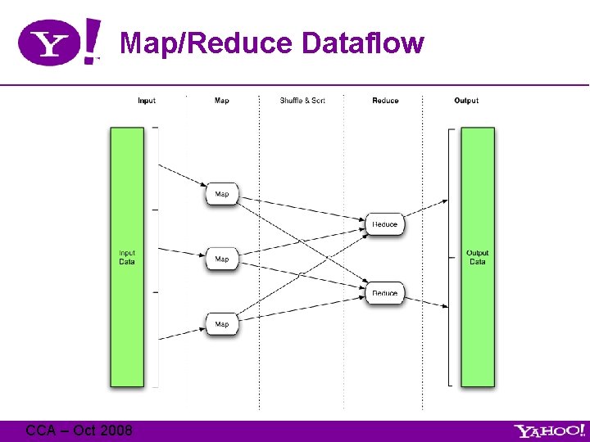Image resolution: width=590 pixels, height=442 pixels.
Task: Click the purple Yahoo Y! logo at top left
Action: (x=60, y=42)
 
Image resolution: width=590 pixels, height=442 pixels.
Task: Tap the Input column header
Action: (x=147, y=101)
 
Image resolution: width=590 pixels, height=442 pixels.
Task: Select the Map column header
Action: (x=221, y=101)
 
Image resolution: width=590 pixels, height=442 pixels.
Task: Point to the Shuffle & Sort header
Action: (x=302, y=101)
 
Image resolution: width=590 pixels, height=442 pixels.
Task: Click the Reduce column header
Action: (x=385, y=101)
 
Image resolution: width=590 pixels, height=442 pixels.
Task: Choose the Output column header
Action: (x=466, y=101)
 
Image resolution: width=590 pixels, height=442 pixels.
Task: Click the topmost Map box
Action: (x=222, y=194)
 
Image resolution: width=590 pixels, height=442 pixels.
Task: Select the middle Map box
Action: (x=222, y=259)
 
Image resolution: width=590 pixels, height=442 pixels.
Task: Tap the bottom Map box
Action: (x=222, y=324)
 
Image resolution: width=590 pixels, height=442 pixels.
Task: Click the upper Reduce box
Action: (x=384, y=223)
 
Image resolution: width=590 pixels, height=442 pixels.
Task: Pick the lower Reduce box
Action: (x=384, y=292)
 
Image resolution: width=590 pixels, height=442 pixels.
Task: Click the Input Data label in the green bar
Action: (x=127, y=257)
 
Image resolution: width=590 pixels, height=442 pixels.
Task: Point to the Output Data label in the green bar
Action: (x=477, y=257)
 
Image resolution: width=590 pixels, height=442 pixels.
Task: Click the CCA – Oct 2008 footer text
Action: (x=79, y=430)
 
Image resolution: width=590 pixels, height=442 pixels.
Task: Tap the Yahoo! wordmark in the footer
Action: (x=549, y=431)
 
